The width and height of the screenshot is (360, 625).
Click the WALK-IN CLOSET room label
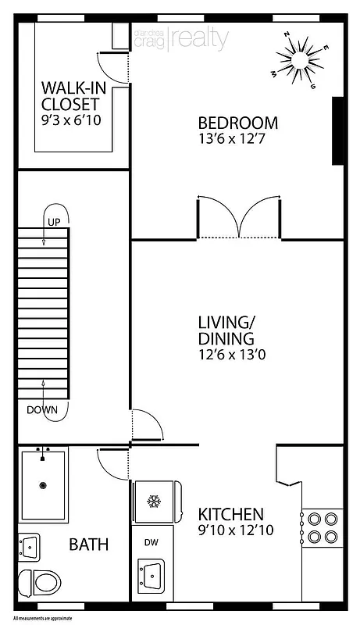[70, 95]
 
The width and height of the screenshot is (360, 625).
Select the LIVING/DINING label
[225, 330]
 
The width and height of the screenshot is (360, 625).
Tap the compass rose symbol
[300, 56]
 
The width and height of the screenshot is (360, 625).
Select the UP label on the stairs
[55, 222]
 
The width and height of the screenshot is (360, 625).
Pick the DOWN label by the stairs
[42, 409]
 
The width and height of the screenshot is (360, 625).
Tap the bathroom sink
[28, 546]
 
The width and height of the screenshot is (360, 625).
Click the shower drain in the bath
[42, 484]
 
